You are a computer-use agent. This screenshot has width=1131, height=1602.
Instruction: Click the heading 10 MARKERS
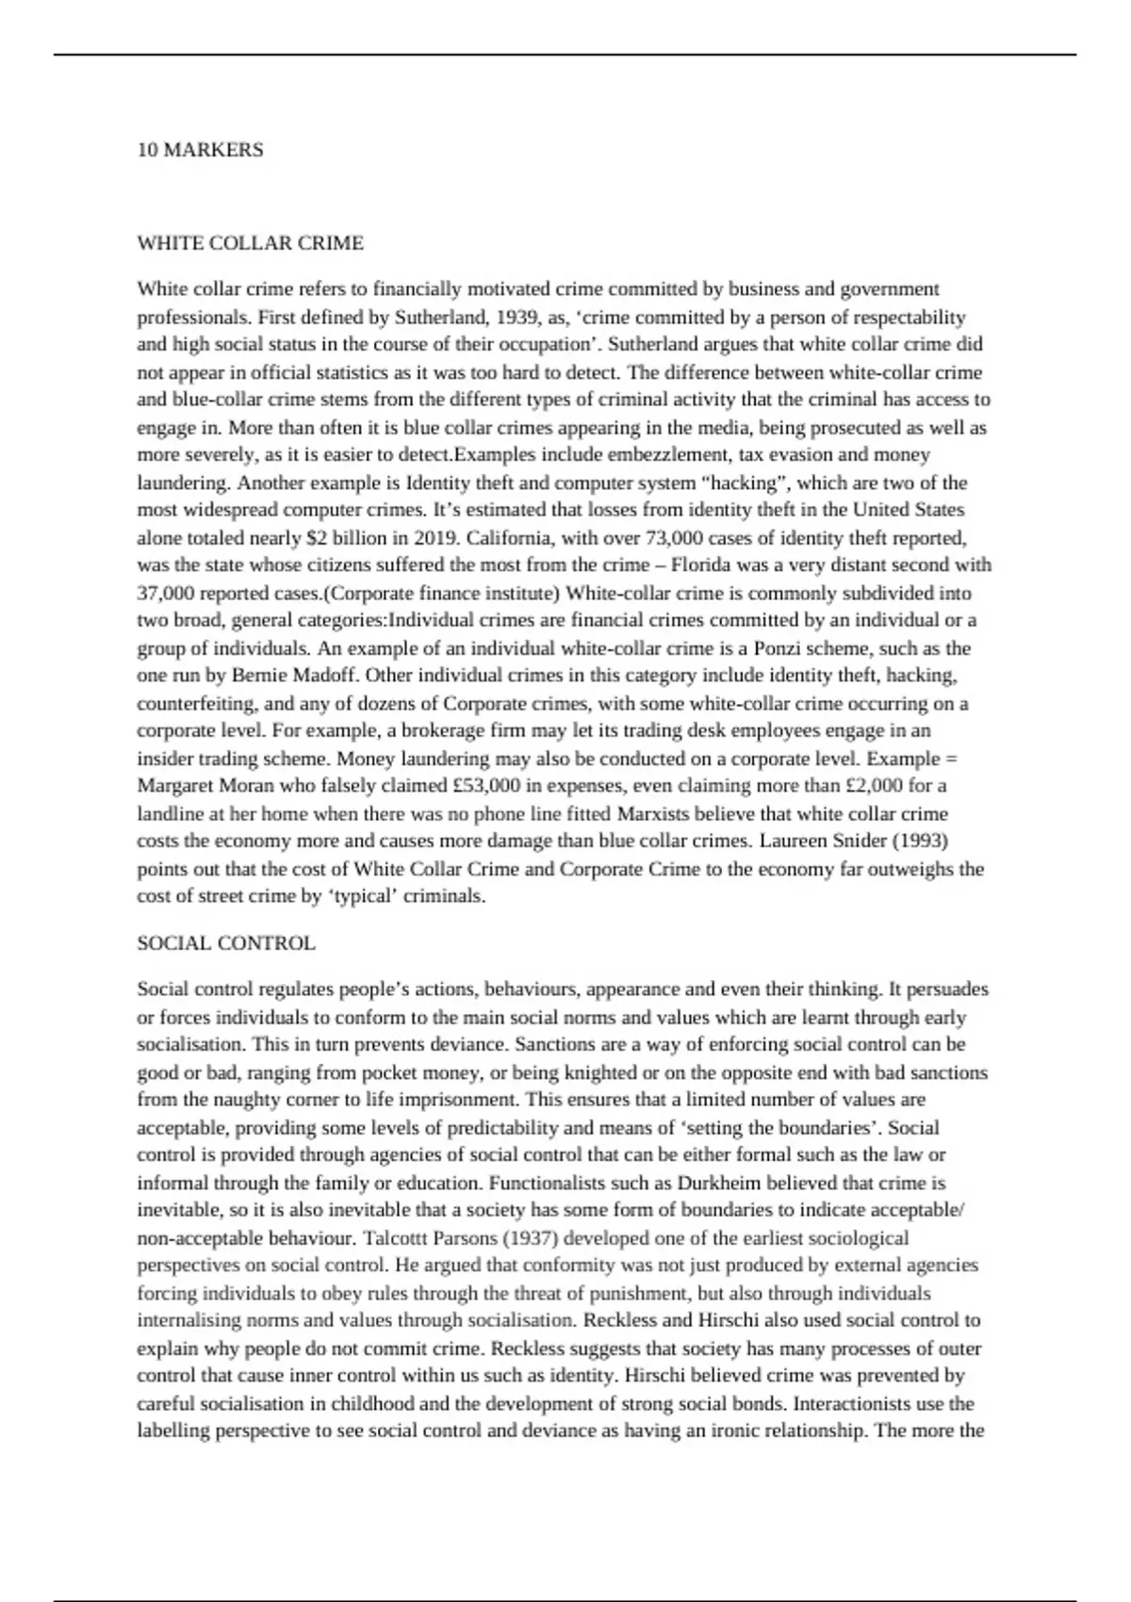pyautogui.click(x=200, y=150)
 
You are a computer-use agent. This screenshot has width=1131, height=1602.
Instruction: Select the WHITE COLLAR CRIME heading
pyautogui.click(x=250, y=243)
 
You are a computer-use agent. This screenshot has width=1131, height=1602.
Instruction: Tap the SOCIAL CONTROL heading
pyautogui.click(x=226, y=943)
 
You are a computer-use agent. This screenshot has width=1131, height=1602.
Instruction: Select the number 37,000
pyautogui.click(x=167, y=594)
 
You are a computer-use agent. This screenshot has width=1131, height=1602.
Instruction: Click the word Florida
pyautogui.click(x=703, y=565)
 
